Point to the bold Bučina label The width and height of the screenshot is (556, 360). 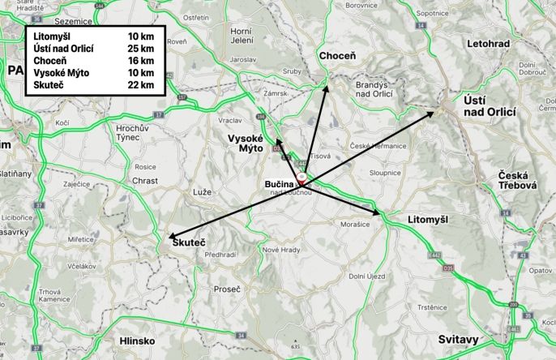280,185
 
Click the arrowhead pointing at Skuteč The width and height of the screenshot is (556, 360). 171,238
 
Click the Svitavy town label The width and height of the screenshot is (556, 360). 459,338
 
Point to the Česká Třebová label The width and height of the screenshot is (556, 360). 518,181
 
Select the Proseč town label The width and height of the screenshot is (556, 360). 226,288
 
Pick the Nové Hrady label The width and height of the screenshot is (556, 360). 280,249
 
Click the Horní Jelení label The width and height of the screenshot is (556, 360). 242,35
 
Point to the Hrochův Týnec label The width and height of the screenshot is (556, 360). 135,133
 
